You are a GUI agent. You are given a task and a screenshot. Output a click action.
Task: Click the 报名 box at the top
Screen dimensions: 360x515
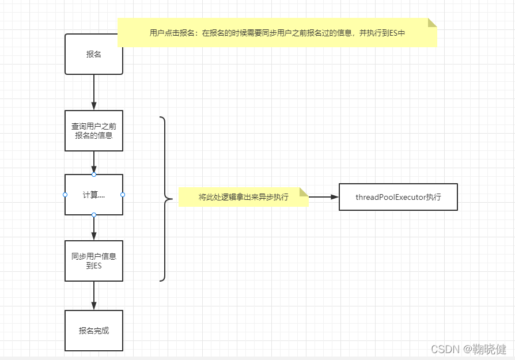(94, 54)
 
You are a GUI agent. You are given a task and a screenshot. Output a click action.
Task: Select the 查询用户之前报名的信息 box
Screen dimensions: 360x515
(94, 131)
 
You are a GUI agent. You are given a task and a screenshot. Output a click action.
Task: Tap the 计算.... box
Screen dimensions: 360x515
(94, 195)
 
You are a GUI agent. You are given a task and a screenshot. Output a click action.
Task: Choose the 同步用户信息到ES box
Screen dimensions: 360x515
(94, 261)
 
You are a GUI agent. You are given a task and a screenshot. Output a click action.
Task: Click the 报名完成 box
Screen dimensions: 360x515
(94, 331)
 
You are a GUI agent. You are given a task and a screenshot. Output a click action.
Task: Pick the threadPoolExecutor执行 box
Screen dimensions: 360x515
(398, 197)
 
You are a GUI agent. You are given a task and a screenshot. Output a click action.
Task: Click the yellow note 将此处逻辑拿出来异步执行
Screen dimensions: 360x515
(243, 197)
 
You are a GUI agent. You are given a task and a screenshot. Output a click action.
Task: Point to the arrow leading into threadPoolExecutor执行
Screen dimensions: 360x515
(324, 197)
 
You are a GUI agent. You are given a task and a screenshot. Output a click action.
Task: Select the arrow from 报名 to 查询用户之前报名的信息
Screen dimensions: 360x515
(94, 92)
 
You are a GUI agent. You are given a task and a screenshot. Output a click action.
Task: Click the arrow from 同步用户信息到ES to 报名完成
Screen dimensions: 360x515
(94, 295)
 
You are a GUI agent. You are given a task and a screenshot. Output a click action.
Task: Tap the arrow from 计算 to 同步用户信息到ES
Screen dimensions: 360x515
(94, 228)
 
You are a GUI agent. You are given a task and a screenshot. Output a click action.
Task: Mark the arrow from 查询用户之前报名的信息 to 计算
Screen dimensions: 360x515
(94, 162)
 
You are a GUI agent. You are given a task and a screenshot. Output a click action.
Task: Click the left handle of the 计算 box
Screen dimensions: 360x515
(65, 195)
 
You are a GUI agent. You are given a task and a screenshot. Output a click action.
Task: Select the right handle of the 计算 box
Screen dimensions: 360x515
(123, 195)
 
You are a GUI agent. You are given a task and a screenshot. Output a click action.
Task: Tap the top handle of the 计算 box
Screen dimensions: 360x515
(94, 174)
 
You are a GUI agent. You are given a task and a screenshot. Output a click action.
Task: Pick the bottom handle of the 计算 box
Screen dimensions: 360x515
(94, 215)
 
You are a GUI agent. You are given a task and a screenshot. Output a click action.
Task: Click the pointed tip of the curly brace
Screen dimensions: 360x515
(171, 199)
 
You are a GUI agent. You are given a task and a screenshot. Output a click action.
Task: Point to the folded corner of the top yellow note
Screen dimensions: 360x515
(432, 22)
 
